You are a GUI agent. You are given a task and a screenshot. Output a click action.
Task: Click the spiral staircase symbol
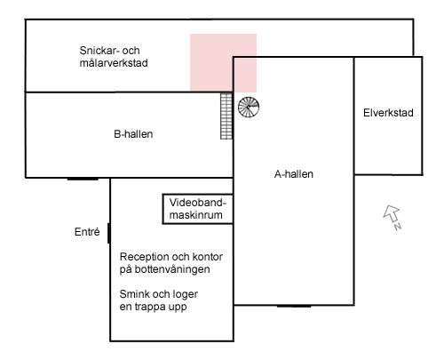pyautogui.click(x=249, y=107)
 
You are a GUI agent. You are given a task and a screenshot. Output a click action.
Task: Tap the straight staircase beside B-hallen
pyautogui.click(x=226, y=116)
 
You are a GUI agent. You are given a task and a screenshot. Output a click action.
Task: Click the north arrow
pyautogui.click(x=392, y=213)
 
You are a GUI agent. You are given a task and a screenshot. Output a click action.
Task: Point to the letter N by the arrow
pyautogui.click(x=398, y=227)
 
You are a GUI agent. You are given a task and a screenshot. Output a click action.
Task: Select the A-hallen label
pyautogui.click(x=294, y=174)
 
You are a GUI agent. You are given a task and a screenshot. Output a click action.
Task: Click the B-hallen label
pyautogui.click(x=133, y=134)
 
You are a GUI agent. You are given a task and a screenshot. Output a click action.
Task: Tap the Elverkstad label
pyautogui.click(x=388, y=113)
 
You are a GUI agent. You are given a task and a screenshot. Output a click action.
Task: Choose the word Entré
pyautogui.click(x=87, y=231)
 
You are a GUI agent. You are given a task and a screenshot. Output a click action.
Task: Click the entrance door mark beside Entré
pyautogui.click(x=108, y=233)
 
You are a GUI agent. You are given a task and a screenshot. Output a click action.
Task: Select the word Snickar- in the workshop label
pyautogui.click(x=99, y=51)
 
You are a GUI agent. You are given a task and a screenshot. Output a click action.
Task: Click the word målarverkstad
pyautogui.click(x=114, y=63)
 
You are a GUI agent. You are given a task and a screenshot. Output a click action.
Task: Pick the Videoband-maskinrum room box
pyautogui.click(x=197, y=209)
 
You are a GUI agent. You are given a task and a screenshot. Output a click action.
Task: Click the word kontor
pyautogui.click(x=208, y=257)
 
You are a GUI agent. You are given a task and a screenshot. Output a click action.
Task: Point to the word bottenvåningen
pyautogui.click(x=172, y=269)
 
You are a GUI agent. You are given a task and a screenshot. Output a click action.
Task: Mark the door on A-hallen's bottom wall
pyautogui.click(x=294, y=306)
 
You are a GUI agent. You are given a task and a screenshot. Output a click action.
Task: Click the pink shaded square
pyautogui.click(x=223, y=63)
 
